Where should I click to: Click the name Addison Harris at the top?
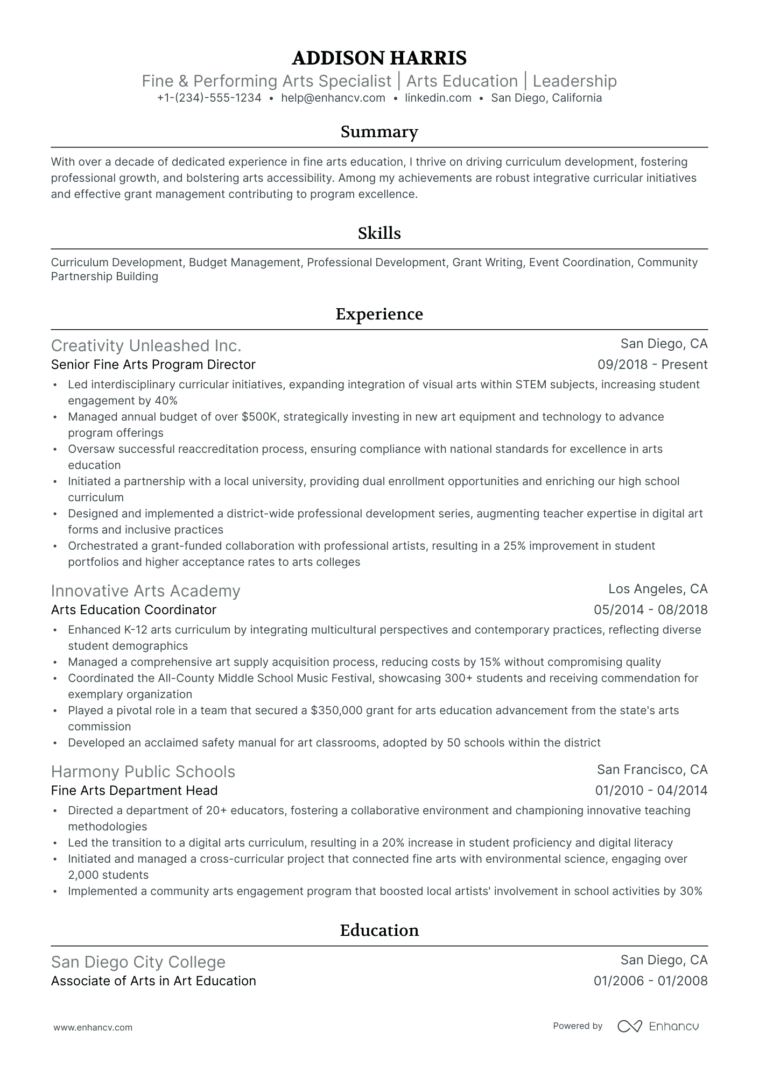[x=379, y=58]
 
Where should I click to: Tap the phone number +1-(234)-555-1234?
[x=209, y=98]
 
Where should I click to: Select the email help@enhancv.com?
[x=333, y=98]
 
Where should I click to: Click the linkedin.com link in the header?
[x=438, y=98]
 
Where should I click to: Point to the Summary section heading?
[x=379, y=132]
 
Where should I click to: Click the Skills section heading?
[x=379, y=233]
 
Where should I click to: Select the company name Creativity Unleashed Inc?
[x=146, y=345]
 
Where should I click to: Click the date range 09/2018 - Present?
[x=652, y=365]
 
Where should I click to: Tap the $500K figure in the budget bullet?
[x=260, y=417]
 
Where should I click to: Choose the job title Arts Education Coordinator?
[x=133, y=610]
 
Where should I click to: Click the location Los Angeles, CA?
[x=657, y=589]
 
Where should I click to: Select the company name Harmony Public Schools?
[x=143, y=772]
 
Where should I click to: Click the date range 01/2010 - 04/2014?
[x=651, y=791]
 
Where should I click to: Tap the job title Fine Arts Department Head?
[x=134, y=791]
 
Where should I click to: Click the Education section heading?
[x=379, y=930]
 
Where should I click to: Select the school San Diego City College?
[x=138, y=962]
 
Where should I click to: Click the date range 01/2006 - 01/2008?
[x=650, y=981]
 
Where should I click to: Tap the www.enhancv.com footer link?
[x=93, y=1027]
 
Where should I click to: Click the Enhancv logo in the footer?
[x=658, y=1026]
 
